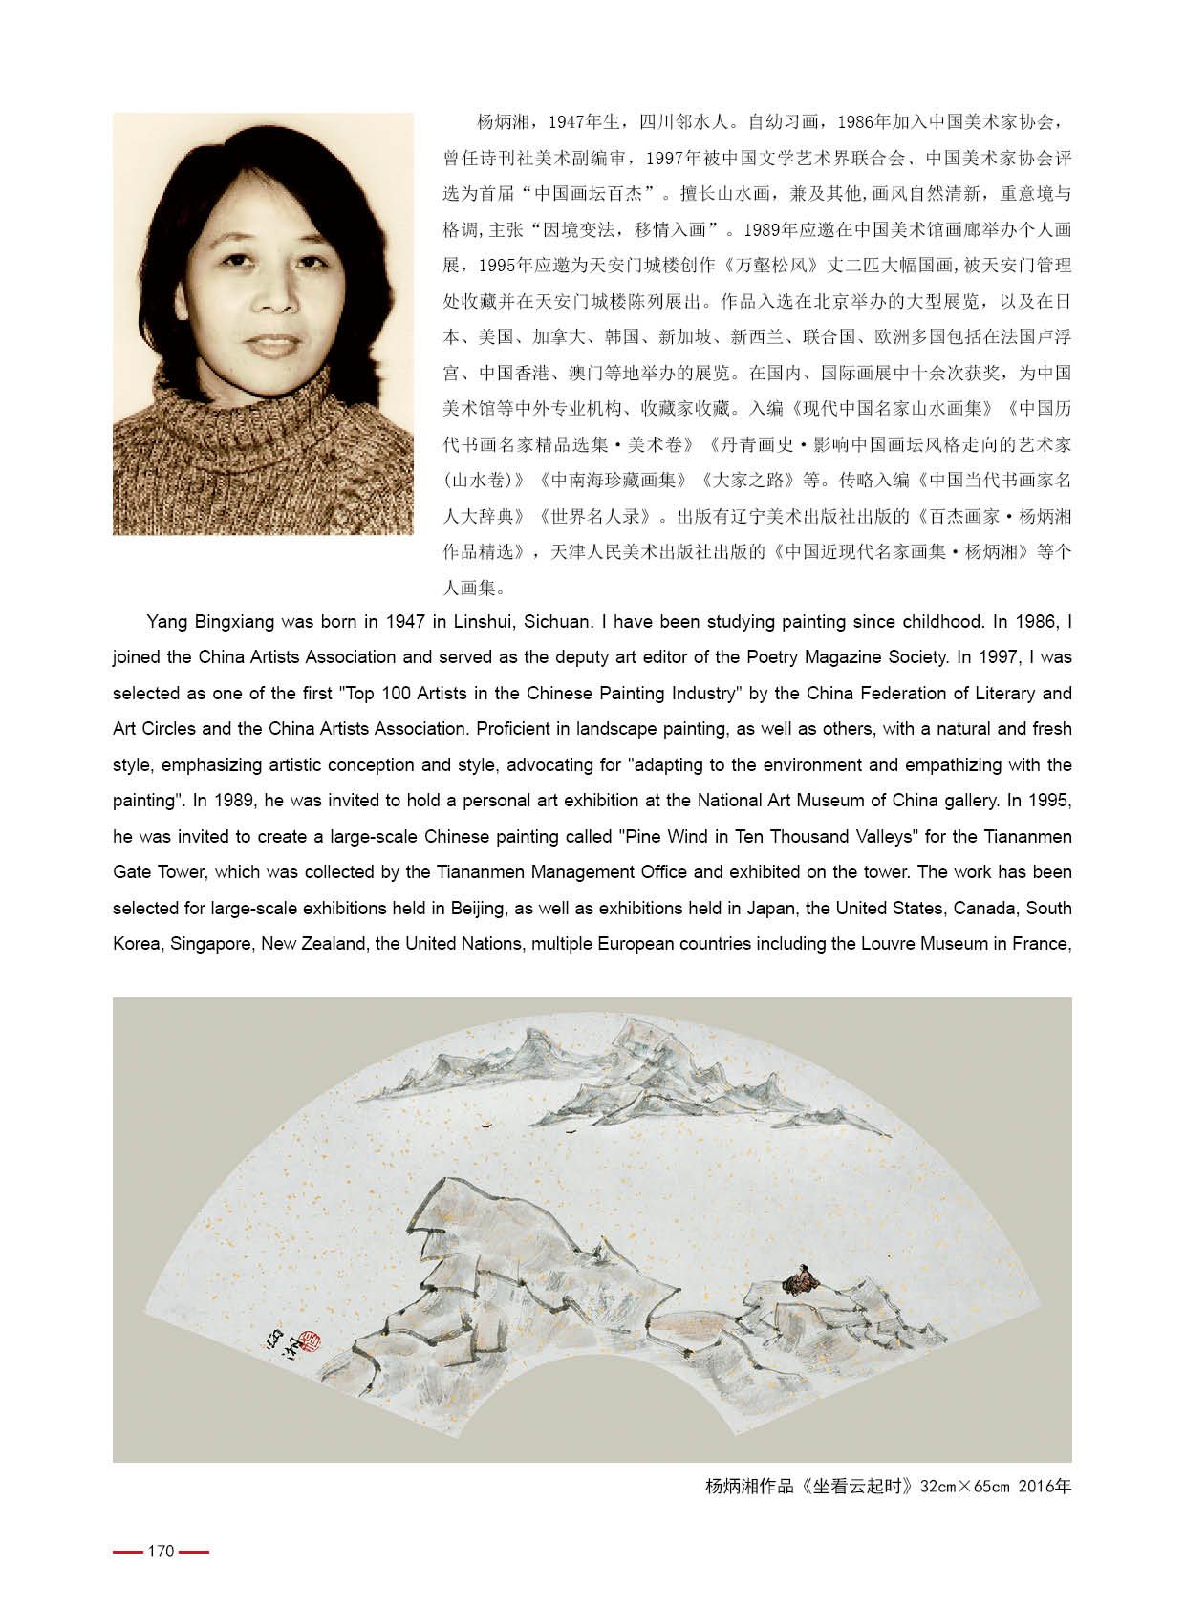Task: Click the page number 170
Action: pyautogui.click(x=161, y=1551)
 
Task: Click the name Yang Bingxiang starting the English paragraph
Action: pyautogui.click(x=201, y=622)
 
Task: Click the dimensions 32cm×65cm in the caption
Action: pyautogui.click(x=964, y=1487)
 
